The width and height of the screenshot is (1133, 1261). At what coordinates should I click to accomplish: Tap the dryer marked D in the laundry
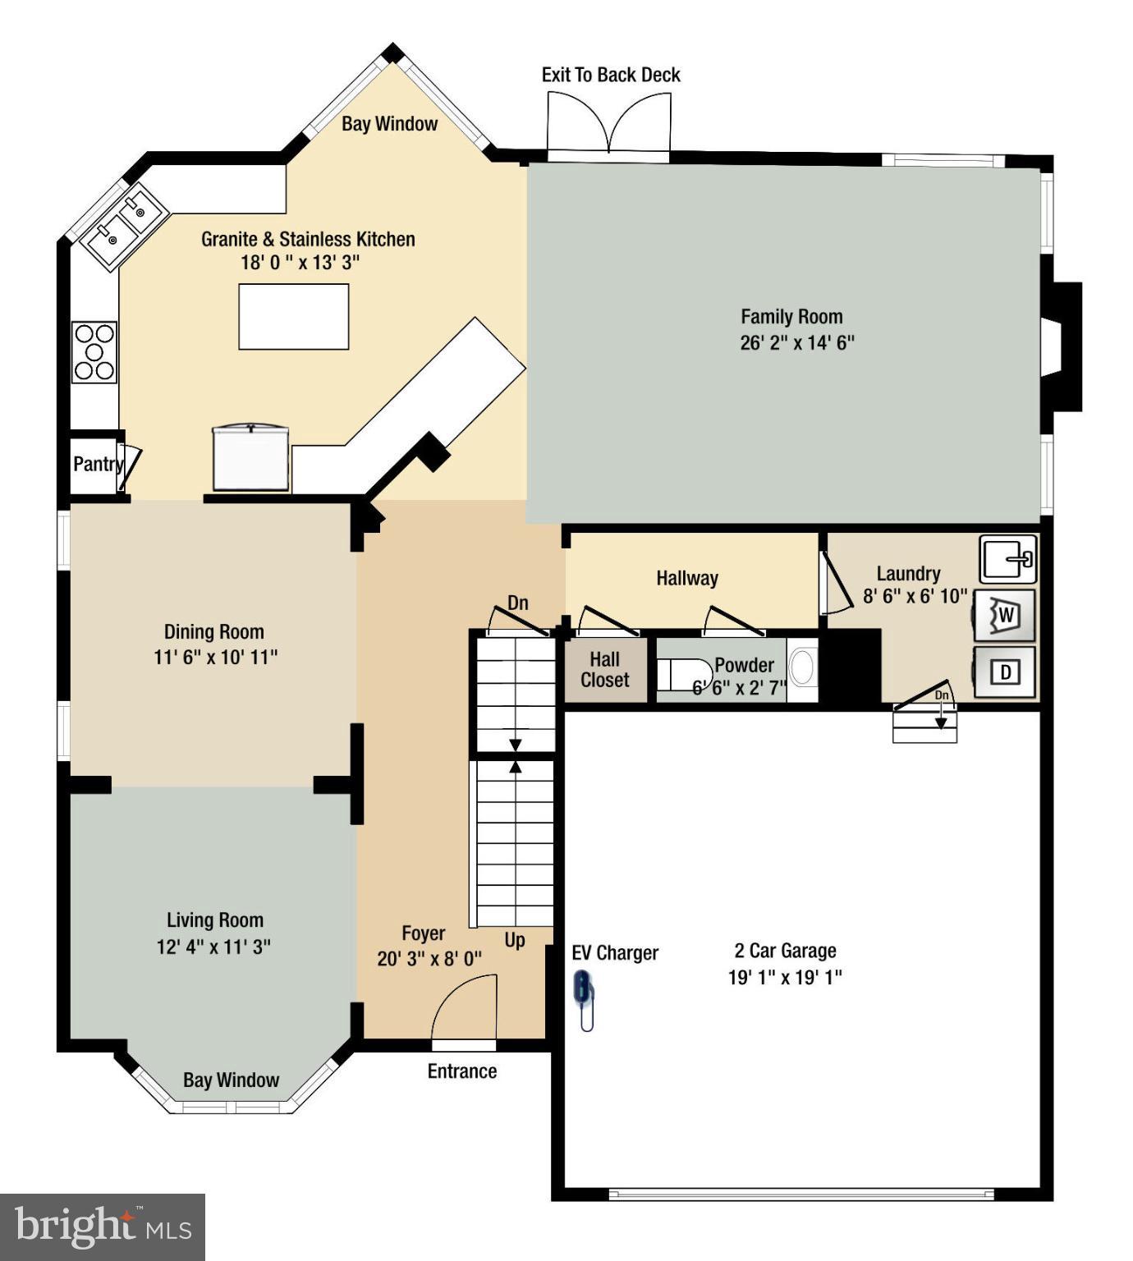pos(1006,672)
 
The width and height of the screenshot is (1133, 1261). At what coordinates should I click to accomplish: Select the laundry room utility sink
pos(1009,559)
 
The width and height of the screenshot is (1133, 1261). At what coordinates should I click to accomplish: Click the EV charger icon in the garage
pos(583,998)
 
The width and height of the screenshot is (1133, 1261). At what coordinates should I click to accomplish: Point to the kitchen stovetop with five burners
pos(94,352)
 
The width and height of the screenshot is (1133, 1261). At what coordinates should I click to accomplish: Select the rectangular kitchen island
pos(293,317)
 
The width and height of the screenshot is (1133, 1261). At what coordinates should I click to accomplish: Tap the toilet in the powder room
pos(682,674)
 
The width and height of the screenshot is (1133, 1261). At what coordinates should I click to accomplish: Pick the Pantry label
pos(98,464)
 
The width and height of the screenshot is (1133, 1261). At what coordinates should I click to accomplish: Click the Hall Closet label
pos(604,670)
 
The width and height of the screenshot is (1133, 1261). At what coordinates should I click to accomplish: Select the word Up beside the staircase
pos(515,940)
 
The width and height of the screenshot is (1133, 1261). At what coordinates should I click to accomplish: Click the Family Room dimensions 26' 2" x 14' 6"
pos(796,343)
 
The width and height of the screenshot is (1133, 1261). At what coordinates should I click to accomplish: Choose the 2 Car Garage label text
pos(785,951)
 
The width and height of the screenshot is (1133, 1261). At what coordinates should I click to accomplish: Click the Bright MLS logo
pos(103,1227)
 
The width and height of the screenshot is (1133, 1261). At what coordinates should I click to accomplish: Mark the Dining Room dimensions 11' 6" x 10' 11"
pos(215,658)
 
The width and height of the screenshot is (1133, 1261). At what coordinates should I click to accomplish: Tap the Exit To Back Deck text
pos(611,75)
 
